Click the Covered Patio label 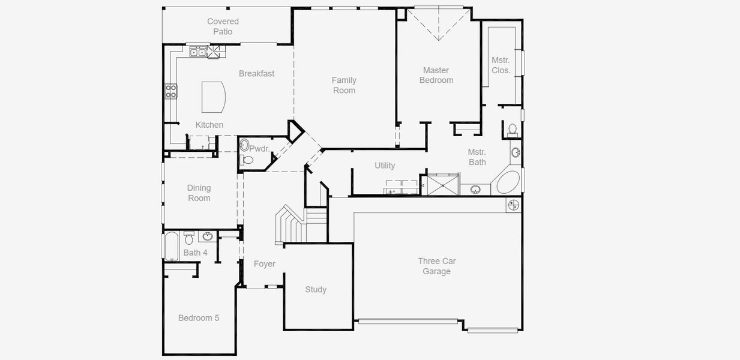(x=223, y=26)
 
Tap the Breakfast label (x=256, y=74)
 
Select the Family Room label (x=344, y=85)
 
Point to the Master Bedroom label (x=436, y=75)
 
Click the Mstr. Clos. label (x=501, y=65)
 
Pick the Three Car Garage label (x=436, y=266)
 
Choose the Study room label (x=316, y=290)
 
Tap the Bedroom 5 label (x=199, y=318)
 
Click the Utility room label (x=385, y=166)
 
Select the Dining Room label (x=199, y=193)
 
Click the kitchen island (x=212, y=97)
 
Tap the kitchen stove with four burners (x=172, y=91)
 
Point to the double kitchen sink (x=198, y=53)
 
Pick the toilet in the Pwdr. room (x=247, y=160)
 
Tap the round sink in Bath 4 (x=207, y=236)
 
